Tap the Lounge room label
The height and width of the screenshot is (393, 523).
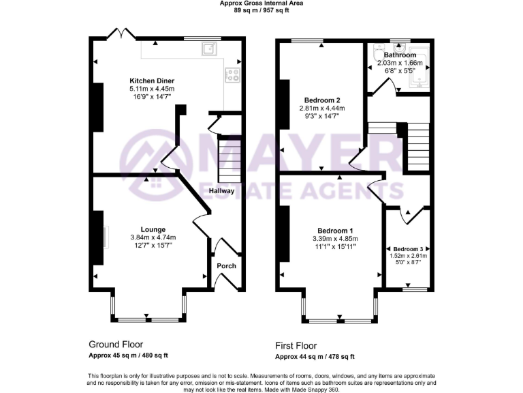click(x=153, y=229)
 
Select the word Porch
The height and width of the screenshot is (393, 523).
click(x=226, y=265)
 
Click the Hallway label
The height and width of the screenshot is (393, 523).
click(x=222, y=191)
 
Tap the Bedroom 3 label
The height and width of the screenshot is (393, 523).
click(x=408, y=249)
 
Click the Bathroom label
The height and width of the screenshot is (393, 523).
click(x=400, y=55)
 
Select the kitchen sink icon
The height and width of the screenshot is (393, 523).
click(x=208, y=48)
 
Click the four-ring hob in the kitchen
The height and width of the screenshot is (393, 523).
click(x=233, y=76)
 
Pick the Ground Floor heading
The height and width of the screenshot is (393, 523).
click(x=116, y=345)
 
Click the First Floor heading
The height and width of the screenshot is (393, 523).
click(x=296, y=346)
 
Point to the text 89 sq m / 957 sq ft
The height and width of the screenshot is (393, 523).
click(x=261, y=10)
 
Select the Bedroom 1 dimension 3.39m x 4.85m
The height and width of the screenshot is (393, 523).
click(x=335, y=239)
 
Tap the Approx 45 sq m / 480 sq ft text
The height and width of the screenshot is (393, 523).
click(x=129, y=355)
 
